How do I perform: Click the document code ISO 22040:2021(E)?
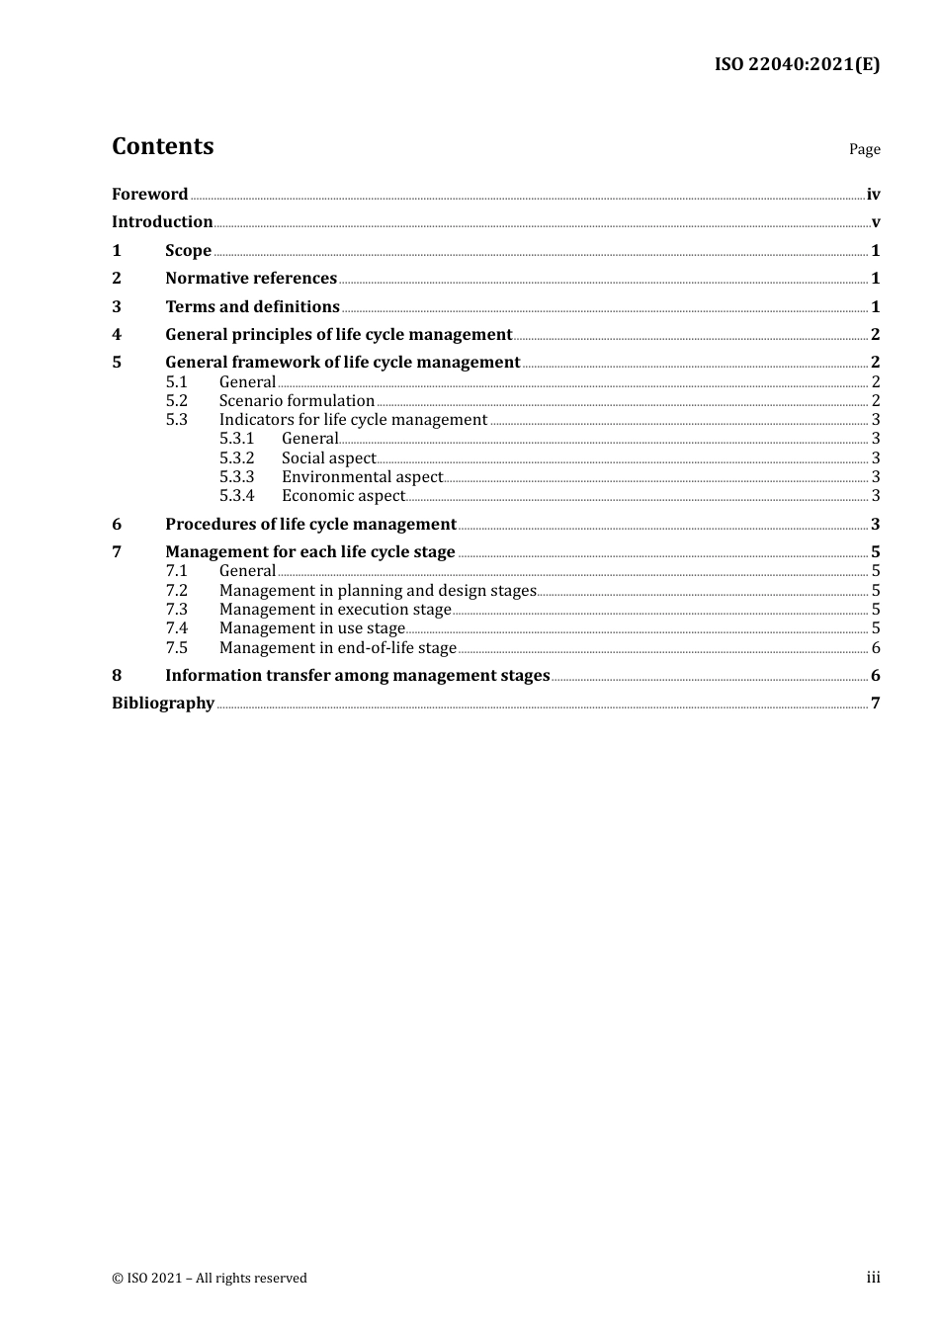tap(797, 65)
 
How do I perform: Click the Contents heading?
tap(162, 146)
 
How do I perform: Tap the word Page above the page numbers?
tap(864, 149)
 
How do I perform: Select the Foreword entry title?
tap(149, 195)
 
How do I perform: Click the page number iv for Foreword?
tap(873, 195)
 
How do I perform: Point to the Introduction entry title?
tap(162, 222)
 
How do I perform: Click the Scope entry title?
tap(188, 251)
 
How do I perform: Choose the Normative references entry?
tap(251, 279)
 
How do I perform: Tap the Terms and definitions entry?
tap(252, 307)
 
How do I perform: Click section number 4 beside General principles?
tap(117, 335)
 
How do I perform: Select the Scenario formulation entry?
tap(297, 401)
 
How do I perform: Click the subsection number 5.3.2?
tap(236, 458)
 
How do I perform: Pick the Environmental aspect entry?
tap(362, 477)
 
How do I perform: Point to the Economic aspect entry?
tap(343, 496)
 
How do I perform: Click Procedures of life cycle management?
tap(310, 525)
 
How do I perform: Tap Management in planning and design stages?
tap(378, 591)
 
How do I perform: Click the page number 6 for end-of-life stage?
tap(876, 648)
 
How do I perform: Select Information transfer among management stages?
tap(357, 676)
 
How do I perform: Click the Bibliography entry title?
tap(163, 704)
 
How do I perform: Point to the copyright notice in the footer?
tap(210, 1279)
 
